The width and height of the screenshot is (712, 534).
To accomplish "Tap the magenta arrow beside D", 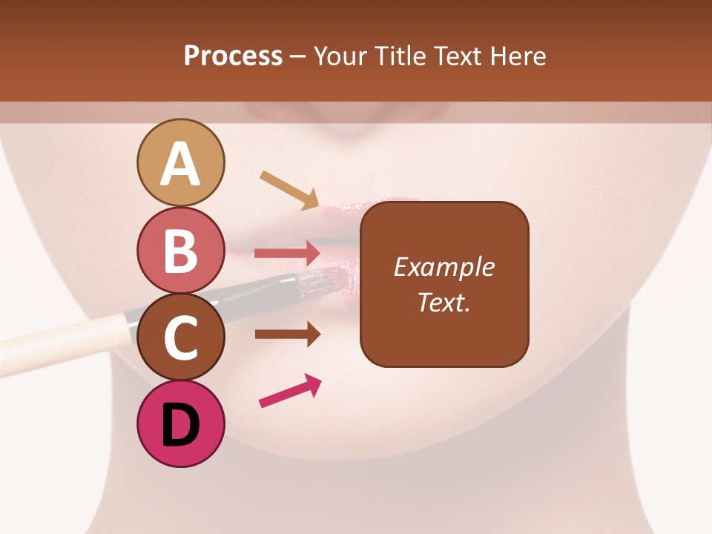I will pyautogui.click(x=290, y=391).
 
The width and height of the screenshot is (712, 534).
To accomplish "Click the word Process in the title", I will pyautogui.click(x=233, y=56).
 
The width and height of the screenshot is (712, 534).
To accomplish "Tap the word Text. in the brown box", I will pyautogui.click(x=444, y=303).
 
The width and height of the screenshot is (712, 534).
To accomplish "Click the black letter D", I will pyautogui.click(x=180, y=426).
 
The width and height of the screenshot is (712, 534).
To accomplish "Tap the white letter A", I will pyautogui.click(x=180, y=165).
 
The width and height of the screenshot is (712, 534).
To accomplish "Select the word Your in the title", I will pyautogui.click(x=342, y=56).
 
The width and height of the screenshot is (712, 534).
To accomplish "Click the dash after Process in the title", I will pyautogui.click(x=297, y=56).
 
